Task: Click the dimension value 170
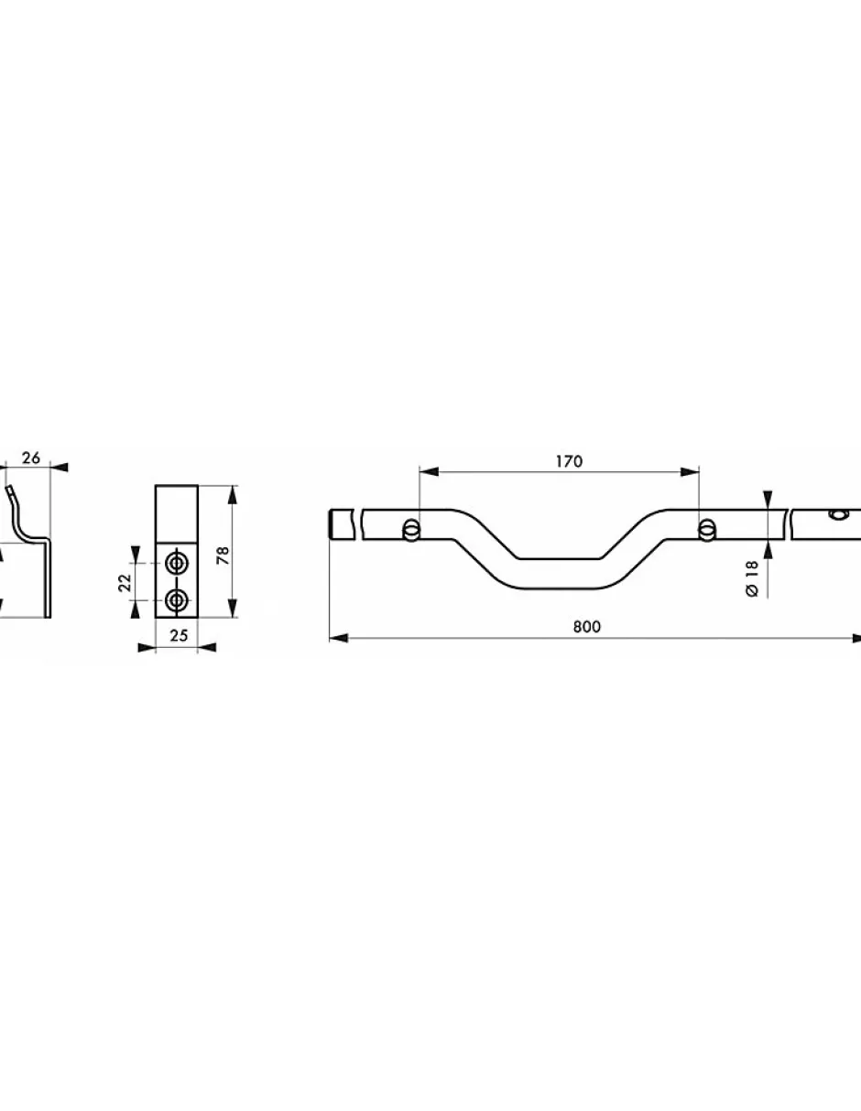[569, 461]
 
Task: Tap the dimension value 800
[587, 627]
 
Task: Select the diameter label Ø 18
[752, 578]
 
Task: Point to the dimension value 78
[223, 555]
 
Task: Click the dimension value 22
[125, 582]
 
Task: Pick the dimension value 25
[179, 635]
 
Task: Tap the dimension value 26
[31, 458]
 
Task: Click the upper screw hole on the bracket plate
[177, 564]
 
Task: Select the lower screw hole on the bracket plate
[177, 599]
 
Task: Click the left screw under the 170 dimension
[411, 530]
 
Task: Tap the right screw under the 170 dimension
[706, 529]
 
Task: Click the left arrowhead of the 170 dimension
[429, 472]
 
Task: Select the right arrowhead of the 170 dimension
[690, 472]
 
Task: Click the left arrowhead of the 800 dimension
[339, 638]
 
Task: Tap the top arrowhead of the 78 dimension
[233, 495]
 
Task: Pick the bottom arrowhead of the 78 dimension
[233, 608]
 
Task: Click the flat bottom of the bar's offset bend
[559, 574]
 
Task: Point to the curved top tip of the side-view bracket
[10, 490]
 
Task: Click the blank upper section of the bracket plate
[177, 513]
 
